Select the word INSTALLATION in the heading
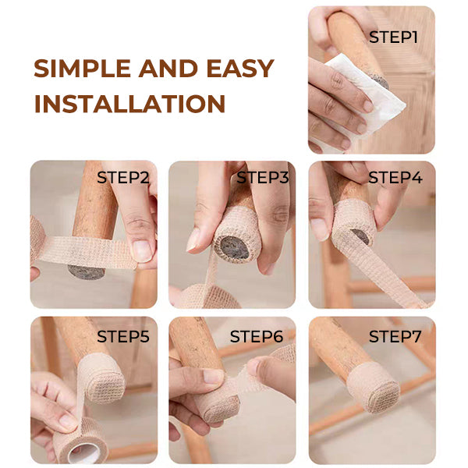(129, 103)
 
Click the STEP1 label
(393, 37)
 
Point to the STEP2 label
(123, 177)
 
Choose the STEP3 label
(263, 177)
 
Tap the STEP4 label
(395, 177)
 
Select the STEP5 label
(123, 337)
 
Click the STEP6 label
(257, 337)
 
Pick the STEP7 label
(395, 337)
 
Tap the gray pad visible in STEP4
(360, 236)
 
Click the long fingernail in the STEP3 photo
(193, 239)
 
